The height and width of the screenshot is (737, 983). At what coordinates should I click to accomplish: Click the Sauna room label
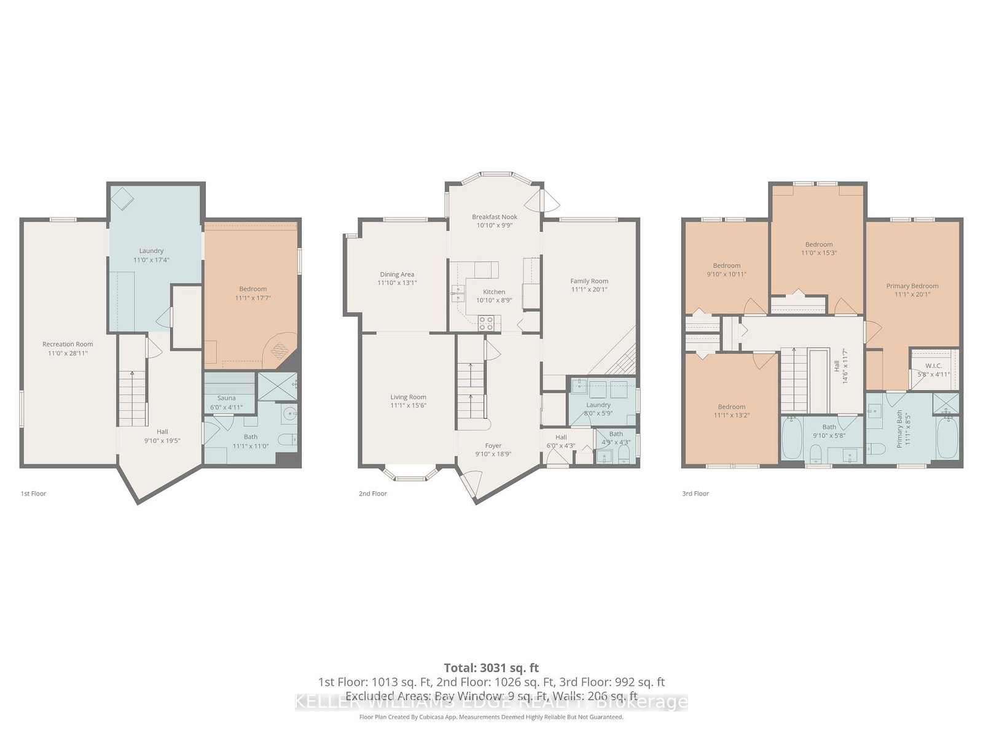coord(226,398)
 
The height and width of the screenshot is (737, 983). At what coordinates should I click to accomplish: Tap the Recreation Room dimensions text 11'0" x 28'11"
coord(68,353)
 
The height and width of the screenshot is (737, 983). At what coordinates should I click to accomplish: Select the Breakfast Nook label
coord(495,217)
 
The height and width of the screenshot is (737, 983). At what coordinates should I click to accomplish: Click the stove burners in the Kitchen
coord(487,322)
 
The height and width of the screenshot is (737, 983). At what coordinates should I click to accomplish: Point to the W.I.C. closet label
coord(933,365)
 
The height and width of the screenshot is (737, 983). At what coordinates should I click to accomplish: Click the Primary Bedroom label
coord(912,286)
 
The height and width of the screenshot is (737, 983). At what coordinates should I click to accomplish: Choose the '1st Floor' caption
coord(33,493)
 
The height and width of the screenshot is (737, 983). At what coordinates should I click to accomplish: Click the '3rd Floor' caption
coord(696,493)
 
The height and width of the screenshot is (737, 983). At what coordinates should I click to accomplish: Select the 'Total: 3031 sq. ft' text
coord(491,668)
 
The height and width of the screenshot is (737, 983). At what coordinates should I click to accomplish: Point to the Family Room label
coord(589,281)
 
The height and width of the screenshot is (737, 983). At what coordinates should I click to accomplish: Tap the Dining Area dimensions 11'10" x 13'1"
coord(397,283)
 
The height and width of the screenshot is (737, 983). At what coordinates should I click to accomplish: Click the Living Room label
coord(408,397)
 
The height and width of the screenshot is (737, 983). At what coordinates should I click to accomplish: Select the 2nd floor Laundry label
coord(598,405)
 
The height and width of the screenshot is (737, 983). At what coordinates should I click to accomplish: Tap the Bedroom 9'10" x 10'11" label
coord(726,265)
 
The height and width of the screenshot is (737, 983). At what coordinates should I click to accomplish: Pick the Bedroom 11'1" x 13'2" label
coord(731,407)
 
